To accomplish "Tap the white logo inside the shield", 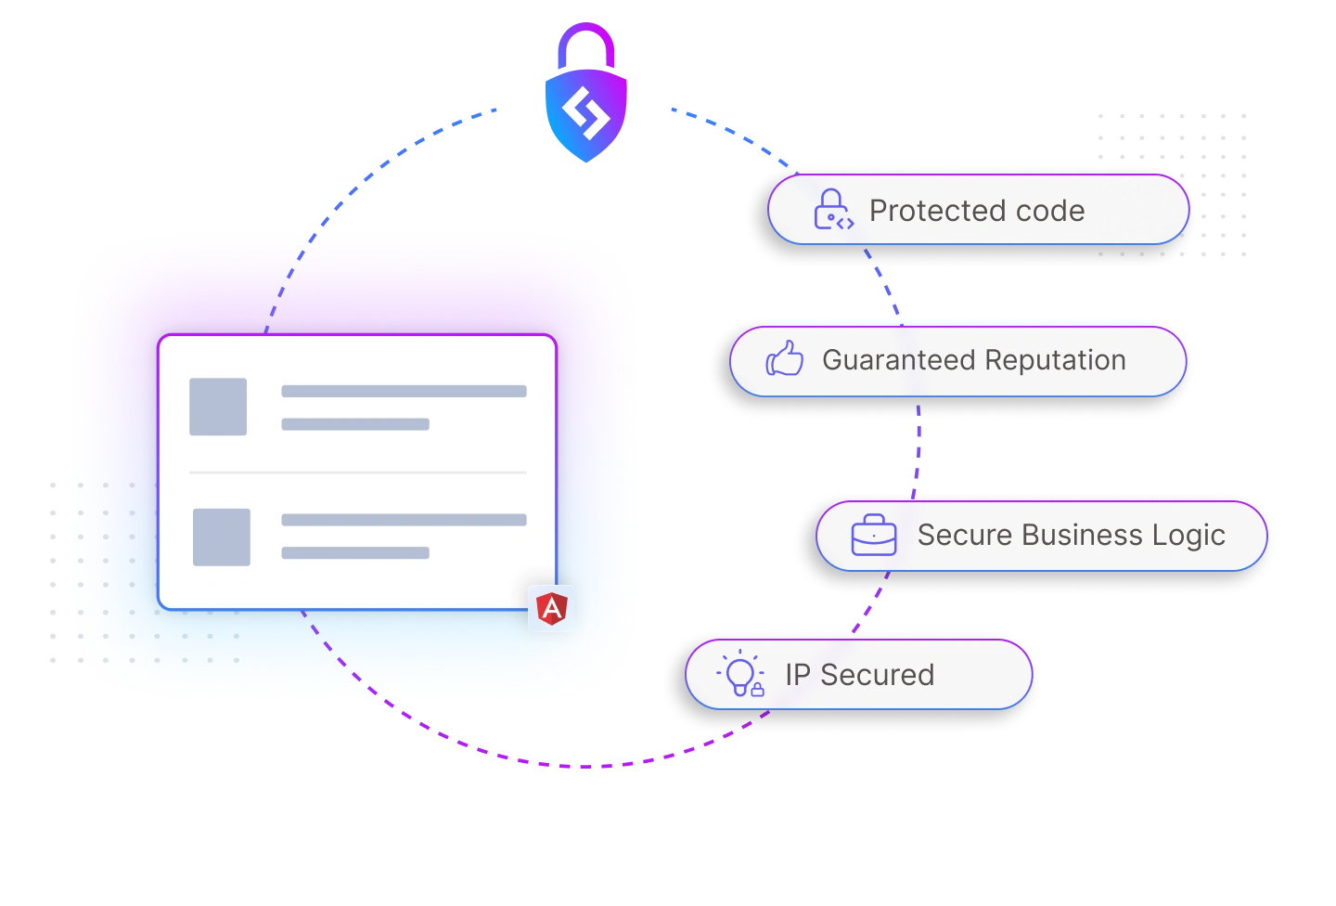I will coord(585,115).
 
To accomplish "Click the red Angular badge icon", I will coord(552,609).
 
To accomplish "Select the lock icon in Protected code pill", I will coord(832,211).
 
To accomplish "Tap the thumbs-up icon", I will coord(785,359).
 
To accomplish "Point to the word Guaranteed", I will coord(897,360).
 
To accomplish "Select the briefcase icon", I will coord(874,536).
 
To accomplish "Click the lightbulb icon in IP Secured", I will coord(741,674).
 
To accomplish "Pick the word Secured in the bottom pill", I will coord(877,675).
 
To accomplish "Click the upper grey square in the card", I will coord(218,407).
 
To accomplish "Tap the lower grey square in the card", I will coord(222,537).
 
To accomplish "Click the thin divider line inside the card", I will coord(358,472).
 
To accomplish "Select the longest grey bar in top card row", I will coord(404,392).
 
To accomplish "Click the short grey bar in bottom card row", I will coord(355,553).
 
